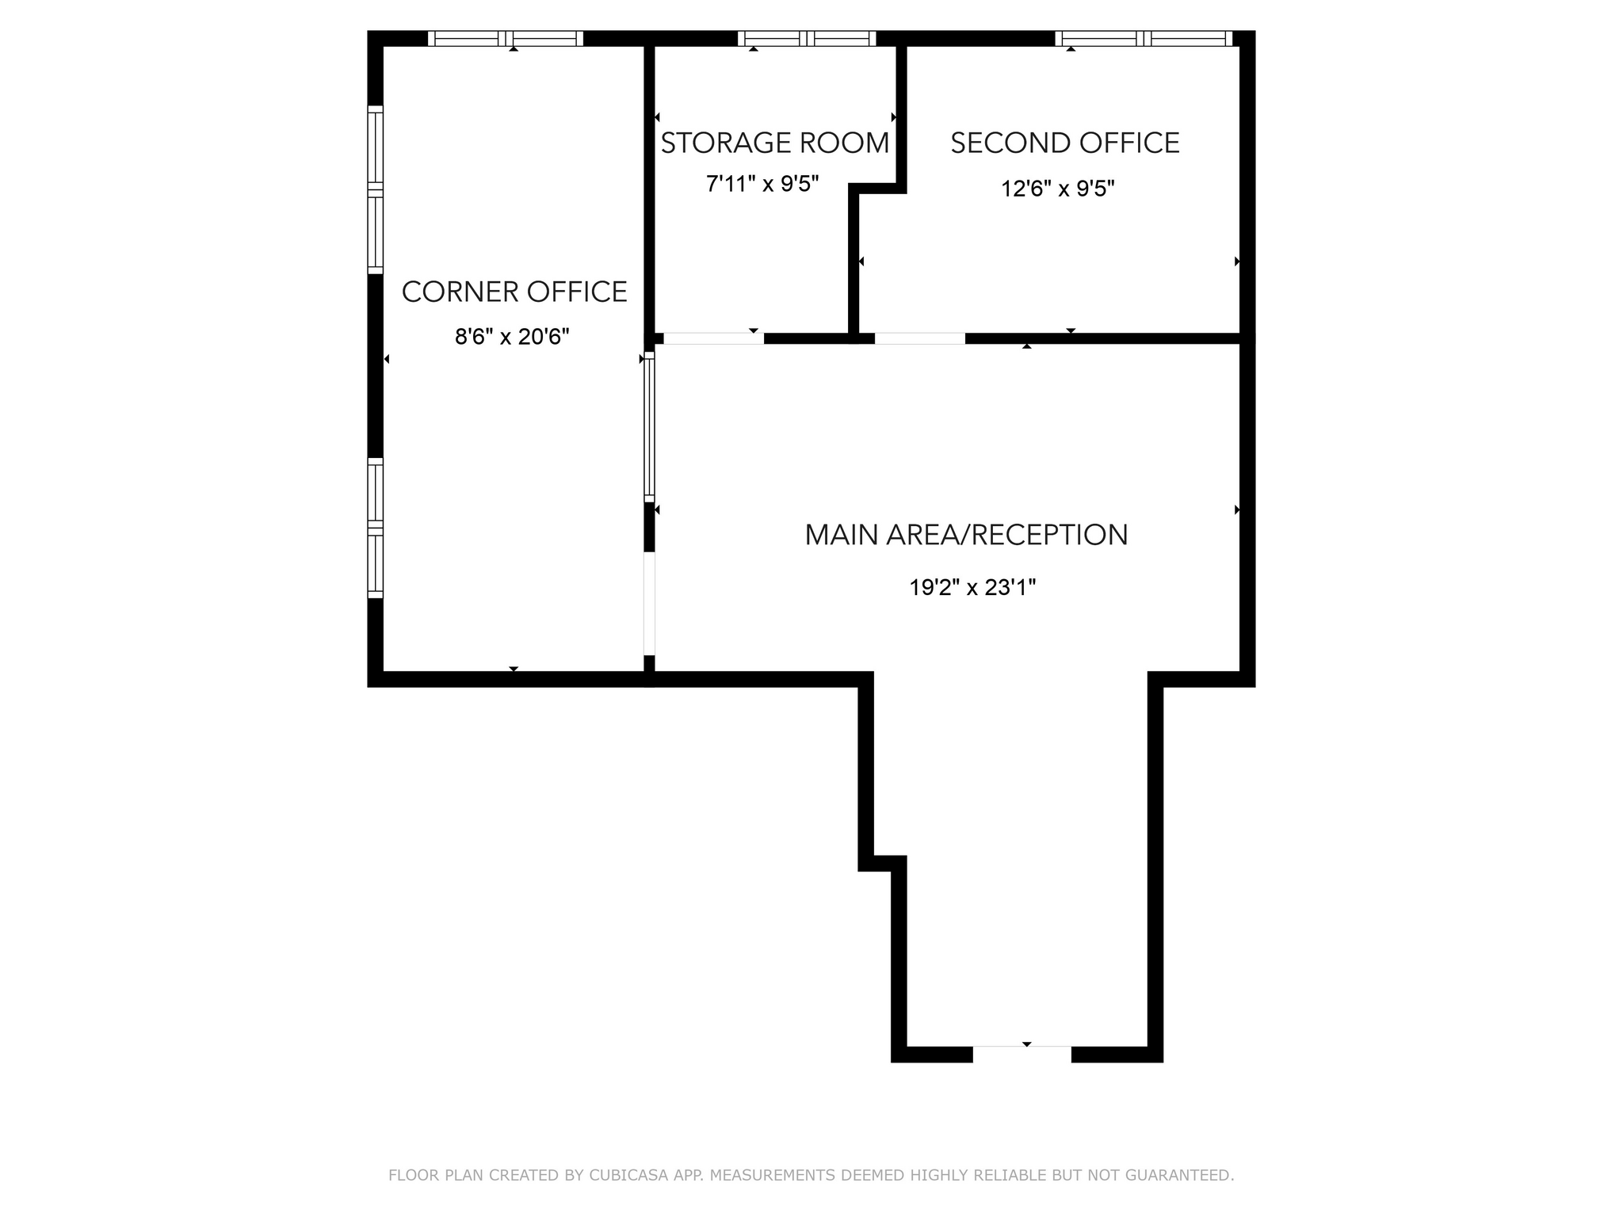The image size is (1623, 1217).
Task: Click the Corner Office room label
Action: pos(514,292)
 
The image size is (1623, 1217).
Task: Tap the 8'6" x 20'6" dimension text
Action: pos(512,338)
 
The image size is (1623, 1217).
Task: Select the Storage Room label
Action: pos(774,143)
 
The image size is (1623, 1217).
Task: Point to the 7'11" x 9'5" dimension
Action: pos(762,185)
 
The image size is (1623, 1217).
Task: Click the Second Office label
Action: pos(1065,143)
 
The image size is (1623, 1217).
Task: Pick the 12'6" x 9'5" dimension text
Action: pos(1058,189)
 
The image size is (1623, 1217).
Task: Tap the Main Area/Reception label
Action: pos(966,535)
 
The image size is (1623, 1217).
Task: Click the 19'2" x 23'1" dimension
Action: pos(972,588)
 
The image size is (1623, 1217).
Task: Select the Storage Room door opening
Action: pos(713,338)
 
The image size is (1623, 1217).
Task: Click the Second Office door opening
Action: pos(919,338)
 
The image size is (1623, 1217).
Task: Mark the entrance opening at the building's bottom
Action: pos(1022,1054)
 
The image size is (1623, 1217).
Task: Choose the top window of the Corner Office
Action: pos(506,38)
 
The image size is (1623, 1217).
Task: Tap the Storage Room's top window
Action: pos(807,38)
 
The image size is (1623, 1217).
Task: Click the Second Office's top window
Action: pos(1144,38)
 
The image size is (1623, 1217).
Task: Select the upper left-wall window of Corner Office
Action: pos(376,189)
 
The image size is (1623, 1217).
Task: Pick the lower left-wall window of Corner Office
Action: pos(376,528)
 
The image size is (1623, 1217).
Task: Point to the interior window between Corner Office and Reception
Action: pos(649,427)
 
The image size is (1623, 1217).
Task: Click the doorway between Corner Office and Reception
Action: pos(649,603)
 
